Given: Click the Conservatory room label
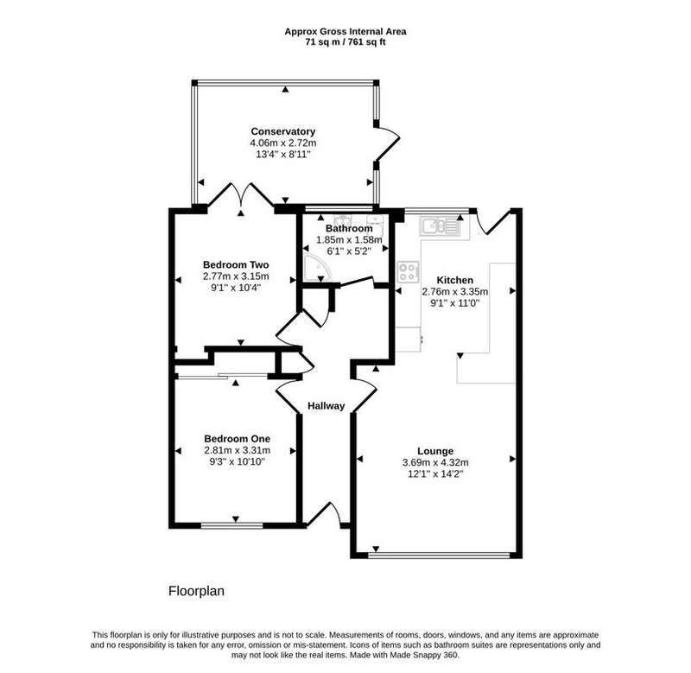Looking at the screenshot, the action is [x=283, y=131].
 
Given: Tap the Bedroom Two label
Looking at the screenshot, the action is [x=236, y=264].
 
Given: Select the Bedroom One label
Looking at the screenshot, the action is [x=237, y=439].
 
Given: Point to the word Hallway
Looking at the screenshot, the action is [x=326, y=406].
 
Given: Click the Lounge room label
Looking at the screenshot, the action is [x=435, y=451].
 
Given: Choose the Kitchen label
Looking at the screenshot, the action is [x=455, y=280].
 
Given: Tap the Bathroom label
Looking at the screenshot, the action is [x=349, y=229].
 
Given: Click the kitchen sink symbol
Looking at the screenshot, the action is [x=441, y=226].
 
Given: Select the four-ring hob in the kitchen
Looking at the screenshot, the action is [x=408, y=272].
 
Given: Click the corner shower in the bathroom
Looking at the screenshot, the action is [x=314, y=268].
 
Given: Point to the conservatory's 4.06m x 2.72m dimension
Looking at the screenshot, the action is [x=283, y=143].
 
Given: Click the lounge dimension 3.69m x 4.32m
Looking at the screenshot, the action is [x=435, y=463].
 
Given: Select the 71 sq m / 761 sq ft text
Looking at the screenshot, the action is [x=345, y=42].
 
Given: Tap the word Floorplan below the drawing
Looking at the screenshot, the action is [x=196, y=591].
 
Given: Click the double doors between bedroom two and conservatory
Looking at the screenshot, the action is [x=241, y=194].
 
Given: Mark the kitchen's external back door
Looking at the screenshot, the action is [x=492, y=222].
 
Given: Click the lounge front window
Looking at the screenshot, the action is [x=439, y=556].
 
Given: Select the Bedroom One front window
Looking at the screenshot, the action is [x=231, y=525].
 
